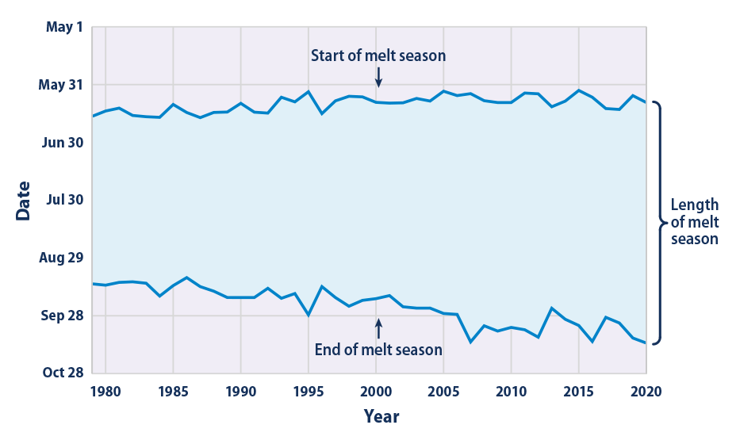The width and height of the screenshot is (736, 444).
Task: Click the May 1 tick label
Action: [64, 27]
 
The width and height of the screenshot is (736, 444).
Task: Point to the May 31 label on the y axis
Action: [62, 85]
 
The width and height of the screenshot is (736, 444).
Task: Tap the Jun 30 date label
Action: [63, 143]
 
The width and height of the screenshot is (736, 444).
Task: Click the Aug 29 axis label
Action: [62, 258]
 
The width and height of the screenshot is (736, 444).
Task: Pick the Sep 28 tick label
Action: [63, 316]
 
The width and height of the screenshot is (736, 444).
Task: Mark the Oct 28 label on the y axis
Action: [63, 373]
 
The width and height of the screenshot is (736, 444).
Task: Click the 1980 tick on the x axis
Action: [105, 391]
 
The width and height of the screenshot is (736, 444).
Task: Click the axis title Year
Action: [381, 416]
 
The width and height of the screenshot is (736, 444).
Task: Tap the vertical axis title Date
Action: [23, 201]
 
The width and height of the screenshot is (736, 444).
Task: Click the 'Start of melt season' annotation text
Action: [378, 55]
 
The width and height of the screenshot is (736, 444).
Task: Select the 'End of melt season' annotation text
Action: [378, 349]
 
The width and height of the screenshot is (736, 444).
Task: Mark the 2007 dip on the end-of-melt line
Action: [470, 342]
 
